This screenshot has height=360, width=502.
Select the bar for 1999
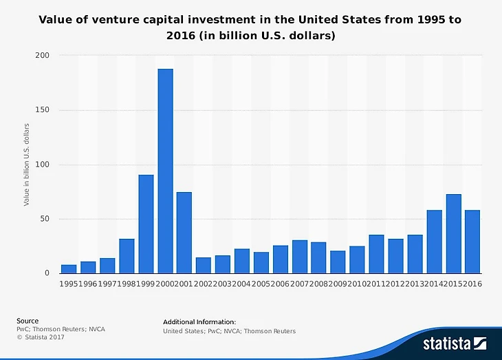(x=146, y=224)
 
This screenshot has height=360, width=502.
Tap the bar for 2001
(x=184, y=233)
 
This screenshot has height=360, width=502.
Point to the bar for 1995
(x=69, y=269)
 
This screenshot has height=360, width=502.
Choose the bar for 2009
(x=338, y=262)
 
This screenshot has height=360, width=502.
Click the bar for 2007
(x=299, y=257)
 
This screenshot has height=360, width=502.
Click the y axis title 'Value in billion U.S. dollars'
(x=27, y=164)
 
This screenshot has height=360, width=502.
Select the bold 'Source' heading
(x=28, y=321)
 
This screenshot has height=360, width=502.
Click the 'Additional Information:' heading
(x=199, y=321)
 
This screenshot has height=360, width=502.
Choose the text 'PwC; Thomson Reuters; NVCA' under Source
(x=61, y=329)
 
